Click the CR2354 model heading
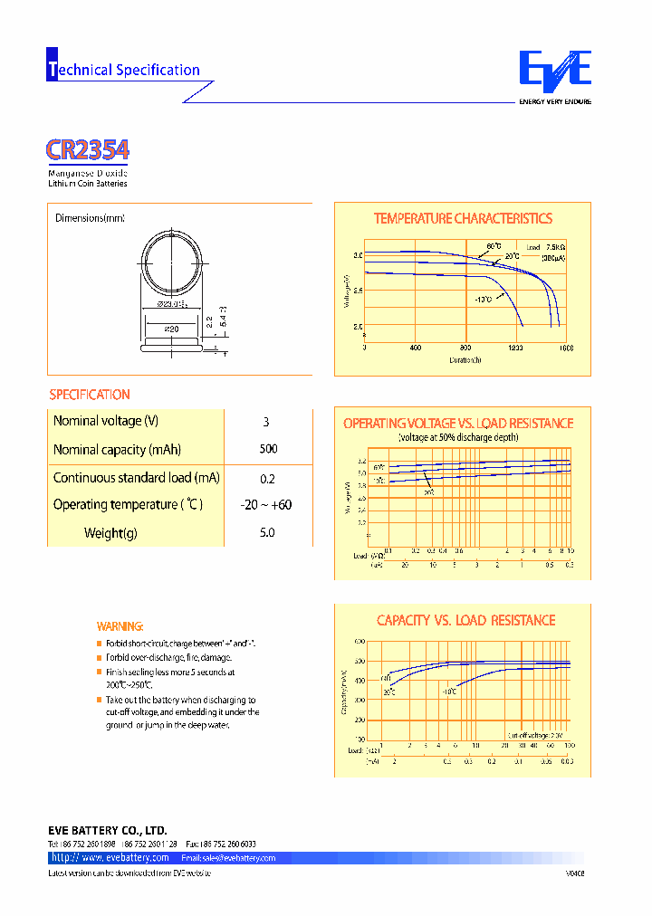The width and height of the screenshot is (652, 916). coord(87,149)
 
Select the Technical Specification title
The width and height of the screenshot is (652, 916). coord(123,70)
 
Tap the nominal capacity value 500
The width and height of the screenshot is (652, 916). coord(268,449)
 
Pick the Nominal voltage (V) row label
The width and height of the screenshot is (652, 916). coord(105,421)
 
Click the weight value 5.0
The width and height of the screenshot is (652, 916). coord(267,533)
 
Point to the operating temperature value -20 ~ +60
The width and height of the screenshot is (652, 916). coord(267,505)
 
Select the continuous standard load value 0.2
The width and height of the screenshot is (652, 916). coord(267,478)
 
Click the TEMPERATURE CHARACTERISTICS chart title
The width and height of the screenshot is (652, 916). coord(463,218)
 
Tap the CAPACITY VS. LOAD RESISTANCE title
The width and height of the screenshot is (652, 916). coord(465,620)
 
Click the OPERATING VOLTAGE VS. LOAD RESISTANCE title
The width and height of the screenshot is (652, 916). coord(458,423)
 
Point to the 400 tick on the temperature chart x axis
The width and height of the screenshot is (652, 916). coord(416,348)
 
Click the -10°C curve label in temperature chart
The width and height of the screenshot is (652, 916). coord(484,299)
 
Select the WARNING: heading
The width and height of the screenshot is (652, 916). coord(120,626)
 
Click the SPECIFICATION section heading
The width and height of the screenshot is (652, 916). coord(89,395)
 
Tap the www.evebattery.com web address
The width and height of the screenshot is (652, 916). coord(110,857)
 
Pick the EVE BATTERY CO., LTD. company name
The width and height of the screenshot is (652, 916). coord(107,830)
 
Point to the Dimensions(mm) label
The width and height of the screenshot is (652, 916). coord(90,218)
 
